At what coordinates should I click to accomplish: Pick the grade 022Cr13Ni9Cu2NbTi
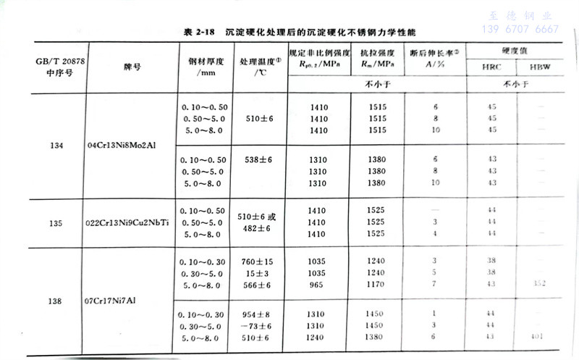tap(130, 222)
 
